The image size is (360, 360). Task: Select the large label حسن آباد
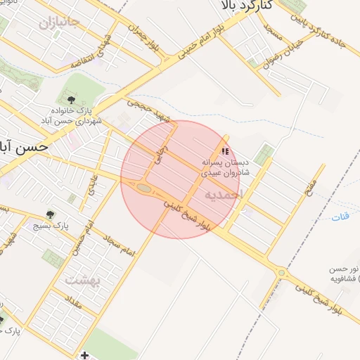[24, 146]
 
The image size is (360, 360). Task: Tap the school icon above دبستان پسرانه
[225, 150]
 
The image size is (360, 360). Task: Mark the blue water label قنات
[340, 216]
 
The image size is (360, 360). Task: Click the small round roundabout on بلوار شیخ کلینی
[282, 273]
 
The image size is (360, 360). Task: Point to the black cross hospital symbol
[85, 355]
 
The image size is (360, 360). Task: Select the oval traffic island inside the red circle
[144, 188]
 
